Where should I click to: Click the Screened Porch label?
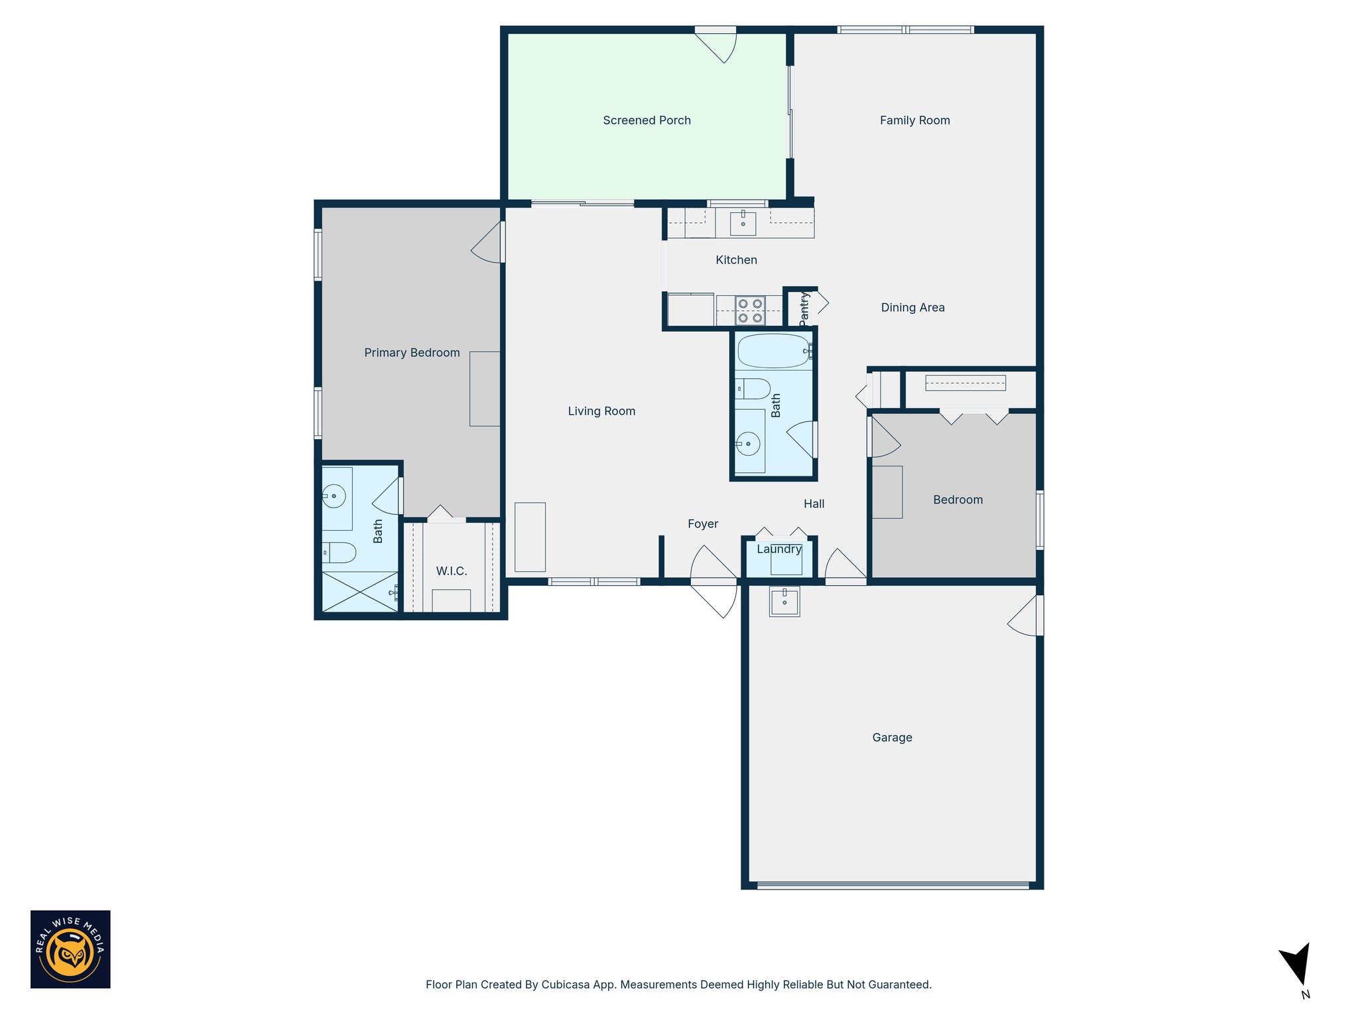pos(647,120)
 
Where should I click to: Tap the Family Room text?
pos(914,120)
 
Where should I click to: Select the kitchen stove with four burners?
pos(750,310)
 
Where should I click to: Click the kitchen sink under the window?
pos(743,224)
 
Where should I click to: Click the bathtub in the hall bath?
pos(773,351)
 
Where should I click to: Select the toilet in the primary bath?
pos(339,552)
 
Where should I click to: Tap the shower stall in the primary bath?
pos(359,592)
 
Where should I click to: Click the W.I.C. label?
pos(452,571)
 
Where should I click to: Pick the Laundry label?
pos(779,549)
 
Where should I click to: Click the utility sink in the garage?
pos(784,601)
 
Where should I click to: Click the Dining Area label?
pos(912,307)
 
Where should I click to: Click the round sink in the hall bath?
pos(748,443)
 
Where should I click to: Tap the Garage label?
pos(892,737)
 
